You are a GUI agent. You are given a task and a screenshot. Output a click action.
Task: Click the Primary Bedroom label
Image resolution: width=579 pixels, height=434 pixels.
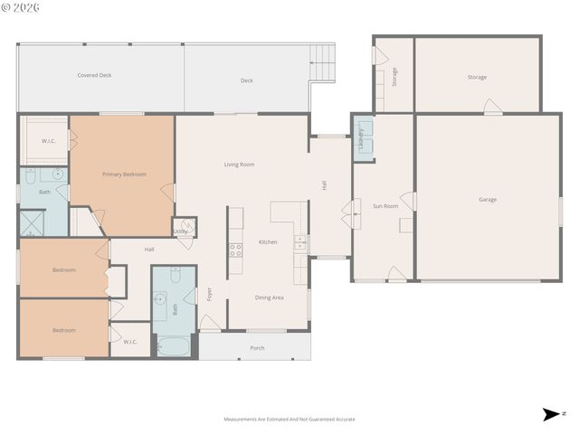tap(124, 175)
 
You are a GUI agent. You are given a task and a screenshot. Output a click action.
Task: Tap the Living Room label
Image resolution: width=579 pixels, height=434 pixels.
tap(239, 165)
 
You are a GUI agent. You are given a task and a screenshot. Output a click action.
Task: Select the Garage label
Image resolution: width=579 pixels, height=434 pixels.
tap(488, 200)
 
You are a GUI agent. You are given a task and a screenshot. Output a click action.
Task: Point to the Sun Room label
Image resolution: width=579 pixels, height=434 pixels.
tap(385, 206)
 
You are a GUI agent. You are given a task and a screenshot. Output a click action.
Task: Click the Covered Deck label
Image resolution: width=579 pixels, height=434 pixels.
tap(94, 75)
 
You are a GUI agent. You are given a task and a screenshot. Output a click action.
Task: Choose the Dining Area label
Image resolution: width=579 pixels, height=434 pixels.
tap(269, 297)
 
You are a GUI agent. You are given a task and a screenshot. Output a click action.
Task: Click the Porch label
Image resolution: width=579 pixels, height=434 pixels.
tap(257, 347)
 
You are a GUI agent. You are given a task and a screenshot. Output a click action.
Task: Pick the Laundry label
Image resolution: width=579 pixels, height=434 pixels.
tap(361, 138)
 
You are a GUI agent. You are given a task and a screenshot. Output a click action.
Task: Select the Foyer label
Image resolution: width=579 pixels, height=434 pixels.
tap(209, 294)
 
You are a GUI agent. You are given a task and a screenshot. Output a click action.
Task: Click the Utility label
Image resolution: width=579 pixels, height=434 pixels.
tap(181, 232)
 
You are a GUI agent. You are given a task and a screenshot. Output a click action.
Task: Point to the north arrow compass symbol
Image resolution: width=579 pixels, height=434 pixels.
tap(550, 414)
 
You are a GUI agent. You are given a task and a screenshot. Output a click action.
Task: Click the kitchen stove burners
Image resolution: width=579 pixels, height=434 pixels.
tap(235, 250)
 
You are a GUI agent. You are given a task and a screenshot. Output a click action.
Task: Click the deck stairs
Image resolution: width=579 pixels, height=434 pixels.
tap(322, 62)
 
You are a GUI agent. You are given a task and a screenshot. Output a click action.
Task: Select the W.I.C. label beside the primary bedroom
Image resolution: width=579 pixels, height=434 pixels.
tap(49, 140)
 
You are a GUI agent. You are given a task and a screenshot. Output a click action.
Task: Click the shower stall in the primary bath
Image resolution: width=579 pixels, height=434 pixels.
tap(33, 223)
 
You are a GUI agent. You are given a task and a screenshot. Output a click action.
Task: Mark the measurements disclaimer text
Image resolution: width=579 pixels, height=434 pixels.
tap(289, 420)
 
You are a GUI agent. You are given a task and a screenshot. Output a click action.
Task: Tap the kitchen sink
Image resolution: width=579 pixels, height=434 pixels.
tap(299, 242)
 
